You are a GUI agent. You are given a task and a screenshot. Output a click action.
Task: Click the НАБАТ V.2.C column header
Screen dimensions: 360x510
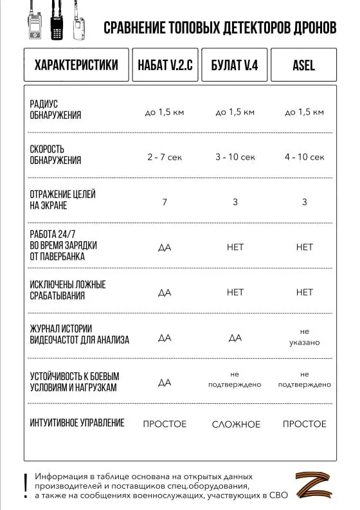[165, 65]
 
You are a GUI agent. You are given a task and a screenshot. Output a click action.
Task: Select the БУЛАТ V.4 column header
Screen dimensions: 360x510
[235, 65]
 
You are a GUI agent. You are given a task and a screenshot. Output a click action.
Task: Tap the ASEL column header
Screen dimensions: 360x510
[304, 65]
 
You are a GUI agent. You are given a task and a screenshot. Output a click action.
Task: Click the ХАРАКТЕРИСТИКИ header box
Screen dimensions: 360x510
[76, 65]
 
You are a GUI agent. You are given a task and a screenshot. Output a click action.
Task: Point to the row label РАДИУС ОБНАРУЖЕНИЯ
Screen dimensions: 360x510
[56, 110]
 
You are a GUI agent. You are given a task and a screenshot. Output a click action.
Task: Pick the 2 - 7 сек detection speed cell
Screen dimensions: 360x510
[165, 157]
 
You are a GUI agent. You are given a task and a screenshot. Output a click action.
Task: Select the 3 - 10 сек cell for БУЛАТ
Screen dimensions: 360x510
[235, 157]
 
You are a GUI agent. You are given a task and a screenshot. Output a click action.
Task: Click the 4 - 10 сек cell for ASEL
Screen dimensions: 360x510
[305, 157]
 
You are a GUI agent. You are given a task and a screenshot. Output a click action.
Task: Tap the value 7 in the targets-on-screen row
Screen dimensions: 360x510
[165, 202]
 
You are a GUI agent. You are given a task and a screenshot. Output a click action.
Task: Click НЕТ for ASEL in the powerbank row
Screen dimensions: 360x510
[305, 247]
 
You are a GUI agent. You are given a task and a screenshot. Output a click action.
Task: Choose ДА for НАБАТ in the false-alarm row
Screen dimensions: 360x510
[165, 292]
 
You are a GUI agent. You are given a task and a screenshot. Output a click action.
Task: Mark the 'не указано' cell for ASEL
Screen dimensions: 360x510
[305, 337]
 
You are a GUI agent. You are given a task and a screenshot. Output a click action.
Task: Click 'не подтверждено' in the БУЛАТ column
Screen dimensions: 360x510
[235, 379]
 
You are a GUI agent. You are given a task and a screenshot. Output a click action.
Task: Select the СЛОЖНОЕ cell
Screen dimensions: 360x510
[236, 424]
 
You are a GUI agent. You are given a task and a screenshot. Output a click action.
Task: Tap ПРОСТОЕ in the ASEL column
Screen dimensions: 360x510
[305, 424]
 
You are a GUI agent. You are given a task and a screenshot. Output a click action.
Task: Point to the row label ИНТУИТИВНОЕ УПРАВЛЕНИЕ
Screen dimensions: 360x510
[77, 423]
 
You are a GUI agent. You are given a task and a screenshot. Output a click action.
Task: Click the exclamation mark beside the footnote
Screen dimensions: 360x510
[25, 484]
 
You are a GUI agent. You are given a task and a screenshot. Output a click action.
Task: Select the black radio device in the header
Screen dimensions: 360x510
[57, 26]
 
